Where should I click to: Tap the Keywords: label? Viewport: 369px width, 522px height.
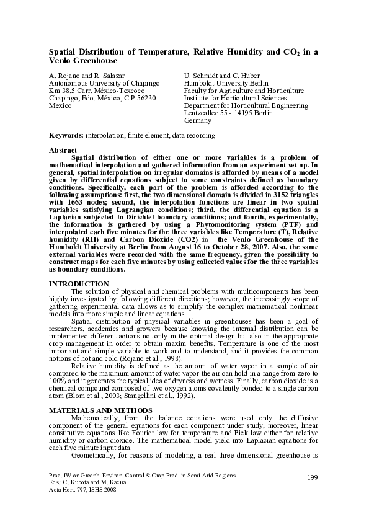coord(66,135)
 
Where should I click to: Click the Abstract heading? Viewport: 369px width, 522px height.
coord(63,150)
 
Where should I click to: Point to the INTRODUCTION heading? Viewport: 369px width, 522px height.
coord(78,283)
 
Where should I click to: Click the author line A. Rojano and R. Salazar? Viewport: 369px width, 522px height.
coord(86,76)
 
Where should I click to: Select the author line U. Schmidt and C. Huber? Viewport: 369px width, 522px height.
coord(217,76)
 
